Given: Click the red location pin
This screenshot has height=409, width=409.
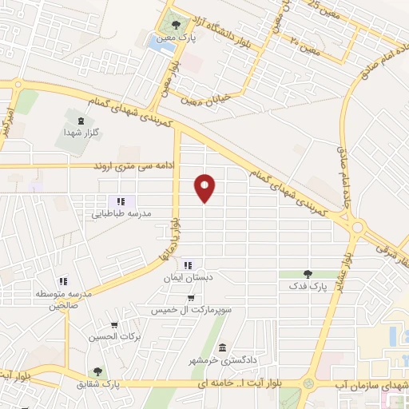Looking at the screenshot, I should pyautogui.click(x=206, y=187).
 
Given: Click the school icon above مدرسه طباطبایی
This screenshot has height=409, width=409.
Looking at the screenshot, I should pyautogui.click(x=121, y=201).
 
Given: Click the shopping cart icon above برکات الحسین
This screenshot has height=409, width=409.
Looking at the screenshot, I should pyautogui.click(x=114, y=326).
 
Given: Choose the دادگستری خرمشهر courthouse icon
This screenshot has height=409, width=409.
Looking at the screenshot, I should pyautogui.click(x=222, y=347).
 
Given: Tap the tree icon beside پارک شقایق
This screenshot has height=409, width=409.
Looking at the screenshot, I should pyautogui.click(x=97, y=371).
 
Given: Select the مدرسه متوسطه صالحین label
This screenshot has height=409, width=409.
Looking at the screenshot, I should pyautogui.click(x=56, y=300).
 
